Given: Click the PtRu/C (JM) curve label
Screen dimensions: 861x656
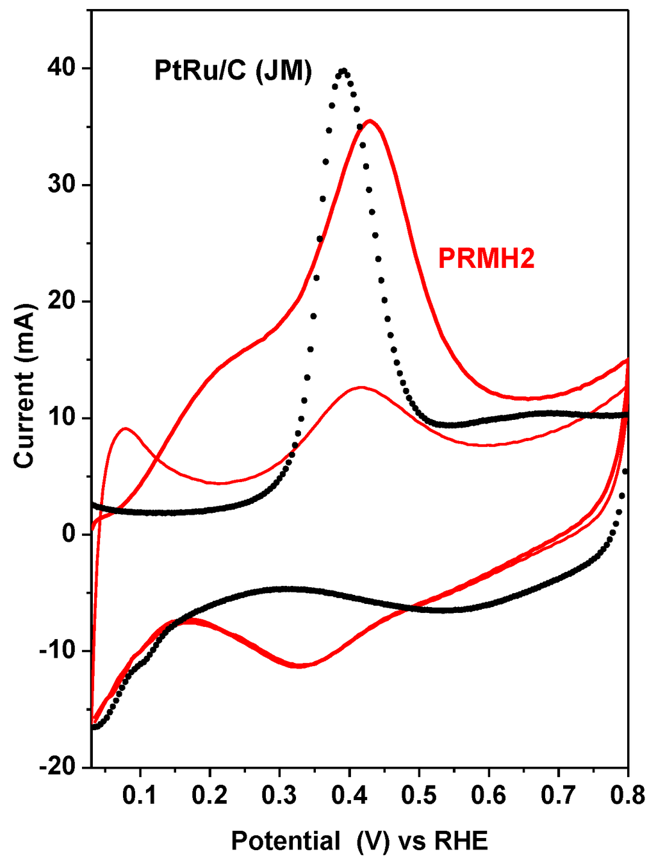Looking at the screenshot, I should [233, 71].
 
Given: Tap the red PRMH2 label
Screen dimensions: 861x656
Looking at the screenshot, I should [486, 258].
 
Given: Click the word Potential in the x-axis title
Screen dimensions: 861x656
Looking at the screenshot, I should [286, 840].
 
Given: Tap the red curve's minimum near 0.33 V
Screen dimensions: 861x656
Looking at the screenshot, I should [299, 666].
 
